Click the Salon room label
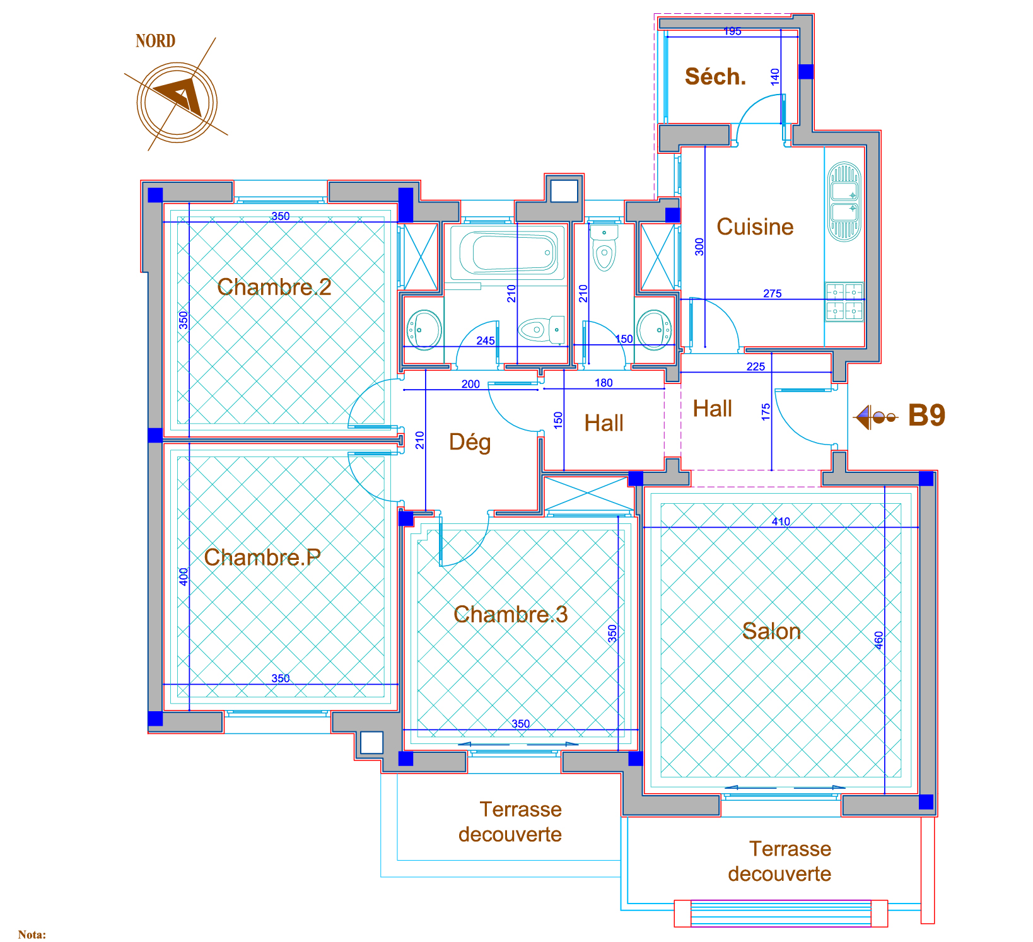[x=771, y=631]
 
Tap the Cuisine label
[x=755, y=227]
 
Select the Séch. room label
[x=716, y=77]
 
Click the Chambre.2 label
[x=274, y=287]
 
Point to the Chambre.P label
[x=262, y=557]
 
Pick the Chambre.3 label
[x=511, y=614]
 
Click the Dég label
[x=470, y=442]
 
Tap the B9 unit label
[x=926, y=416]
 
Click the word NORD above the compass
[x=155, y=41]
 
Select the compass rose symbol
[x=177, y=101]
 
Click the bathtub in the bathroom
[x=510, y=253]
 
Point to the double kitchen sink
[x=844, y=202]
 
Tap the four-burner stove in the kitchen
[x=844, y=302]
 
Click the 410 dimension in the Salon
[x=781, y=521]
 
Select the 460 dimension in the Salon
[x=879, y=640]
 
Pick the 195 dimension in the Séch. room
[x=732, y=32]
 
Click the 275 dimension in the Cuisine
[x=773, y=293]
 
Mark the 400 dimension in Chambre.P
[x=184, y=577]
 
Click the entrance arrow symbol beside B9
[x=875, y=417]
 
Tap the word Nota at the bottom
[x=32, y=934]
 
